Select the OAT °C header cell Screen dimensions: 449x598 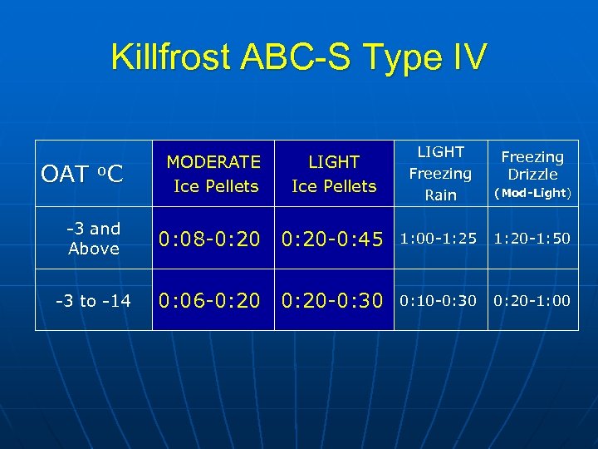82,174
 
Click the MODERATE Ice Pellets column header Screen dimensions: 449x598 213,174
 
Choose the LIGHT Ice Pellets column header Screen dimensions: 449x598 334,174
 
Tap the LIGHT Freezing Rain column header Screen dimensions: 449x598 440,173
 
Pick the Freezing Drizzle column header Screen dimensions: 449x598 532,165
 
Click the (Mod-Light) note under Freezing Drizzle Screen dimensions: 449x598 532,193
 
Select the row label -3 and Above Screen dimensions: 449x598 94,239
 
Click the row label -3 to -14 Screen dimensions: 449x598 93,301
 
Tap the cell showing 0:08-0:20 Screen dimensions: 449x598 211,239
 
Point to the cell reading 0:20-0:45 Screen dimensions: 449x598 332,239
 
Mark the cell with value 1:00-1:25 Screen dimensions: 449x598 439,239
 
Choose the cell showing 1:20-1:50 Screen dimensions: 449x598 532,239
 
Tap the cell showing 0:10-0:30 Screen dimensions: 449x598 439,300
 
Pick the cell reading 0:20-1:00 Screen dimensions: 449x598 532,300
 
